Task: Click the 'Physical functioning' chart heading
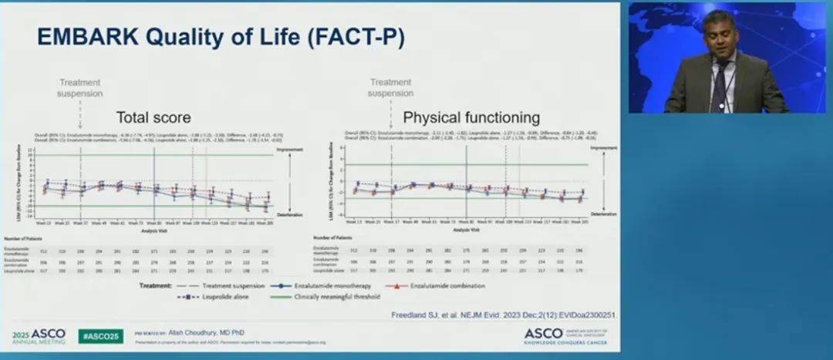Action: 471,118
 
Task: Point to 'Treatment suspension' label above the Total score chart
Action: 81,88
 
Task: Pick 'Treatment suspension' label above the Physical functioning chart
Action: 390,88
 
